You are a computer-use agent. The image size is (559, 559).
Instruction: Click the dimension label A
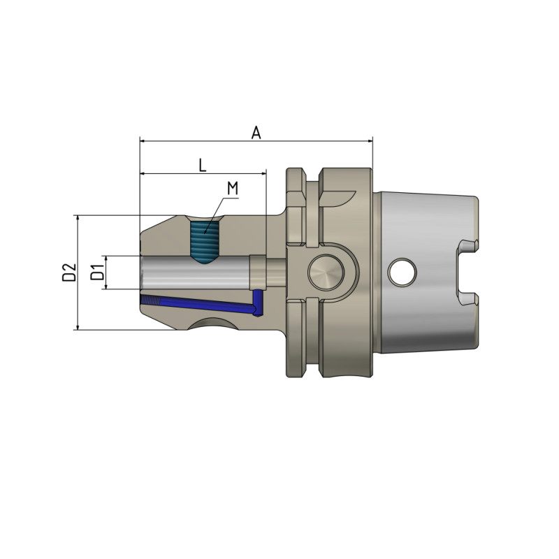click(256, 132)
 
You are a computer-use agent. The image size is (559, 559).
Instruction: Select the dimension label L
click(202, 165)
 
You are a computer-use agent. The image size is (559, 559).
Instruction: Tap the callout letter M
click(233, 189)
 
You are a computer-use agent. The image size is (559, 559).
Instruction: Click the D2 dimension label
click(68, 272)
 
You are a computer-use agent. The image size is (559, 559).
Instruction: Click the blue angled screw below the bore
click(203, 305)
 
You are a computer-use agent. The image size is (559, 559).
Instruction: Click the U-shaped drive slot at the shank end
click(467, 273)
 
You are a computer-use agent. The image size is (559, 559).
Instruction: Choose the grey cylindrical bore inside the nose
click(196, 272)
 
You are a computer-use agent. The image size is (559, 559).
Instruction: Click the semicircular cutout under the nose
click(212, 323)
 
